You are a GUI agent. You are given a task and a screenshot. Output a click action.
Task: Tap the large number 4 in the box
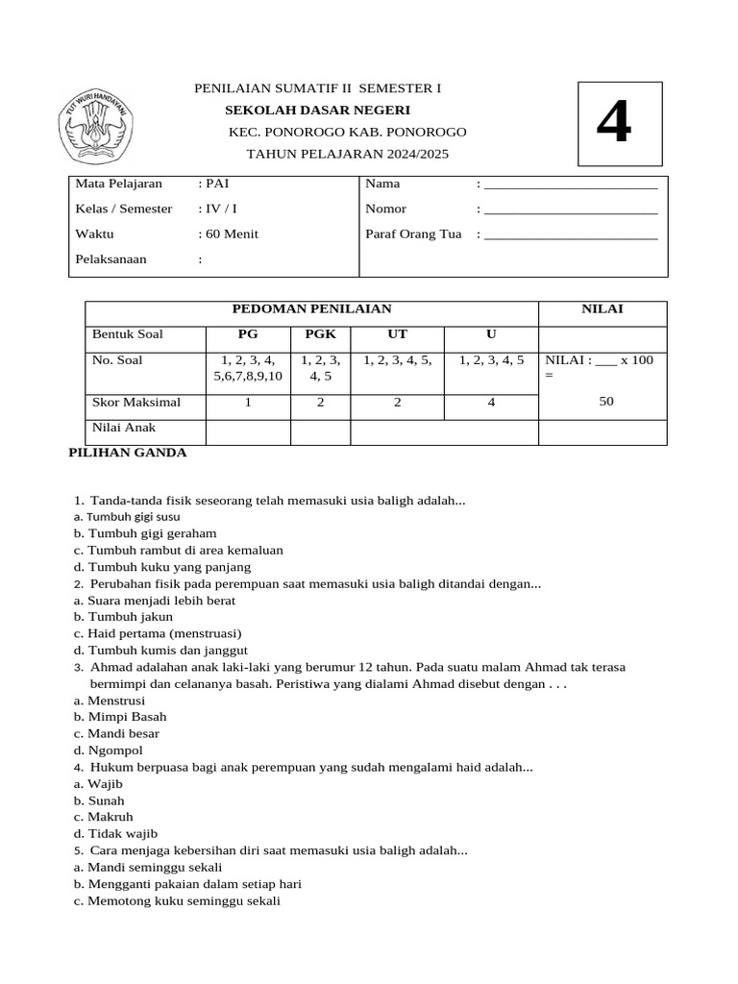614,124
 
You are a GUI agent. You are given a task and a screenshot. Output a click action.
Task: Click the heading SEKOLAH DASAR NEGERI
317,111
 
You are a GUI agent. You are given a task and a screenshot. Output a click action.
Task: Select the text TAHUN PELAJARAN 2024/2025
347,154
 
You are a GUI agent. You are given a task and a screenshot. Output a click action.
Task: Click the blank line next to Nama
571,184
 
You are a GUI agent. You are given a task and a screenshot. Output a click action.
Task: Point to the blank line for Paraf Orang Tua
571,234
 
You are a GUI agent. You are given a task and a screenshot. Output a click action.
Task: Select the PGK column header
320,334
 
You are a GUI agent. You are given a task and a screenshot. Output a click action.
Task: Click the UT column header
397,334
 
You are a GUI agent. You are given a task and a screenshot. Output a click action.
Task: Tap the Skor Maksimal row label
135,402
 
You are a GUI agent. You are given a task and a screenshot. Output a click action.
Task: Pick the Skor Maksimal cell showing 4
491,403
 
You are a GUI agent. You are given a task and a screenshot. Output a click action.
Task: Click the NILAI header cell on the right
602,308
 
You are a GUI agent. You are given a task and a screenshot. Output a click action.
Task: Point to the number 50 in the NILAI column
605,402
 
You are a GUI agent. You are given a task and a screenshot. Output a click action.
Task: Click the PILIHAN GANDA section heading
128,453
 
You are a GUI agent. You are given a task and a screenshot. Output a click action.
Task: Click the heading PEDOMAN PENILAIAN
312,308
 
